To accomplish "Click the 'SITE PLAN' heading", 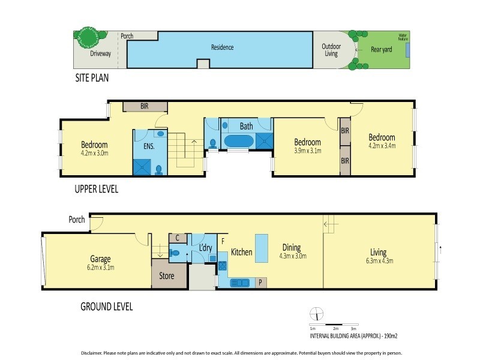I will pos(92,78).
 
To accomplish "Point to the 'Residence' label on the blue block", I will pos(222,47).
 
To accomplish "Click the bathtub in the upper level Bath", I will pos(239,142).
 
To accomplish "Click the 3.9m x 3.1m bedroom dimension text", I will pos(307,151).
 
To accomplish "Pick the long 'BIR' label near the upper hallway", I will pos(145,106).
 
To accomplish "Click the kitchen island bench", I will pos(262,248).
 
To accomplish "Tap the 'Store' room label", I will pos(167,277).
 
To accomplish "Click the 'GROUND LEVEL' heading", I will pos(106,307).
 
